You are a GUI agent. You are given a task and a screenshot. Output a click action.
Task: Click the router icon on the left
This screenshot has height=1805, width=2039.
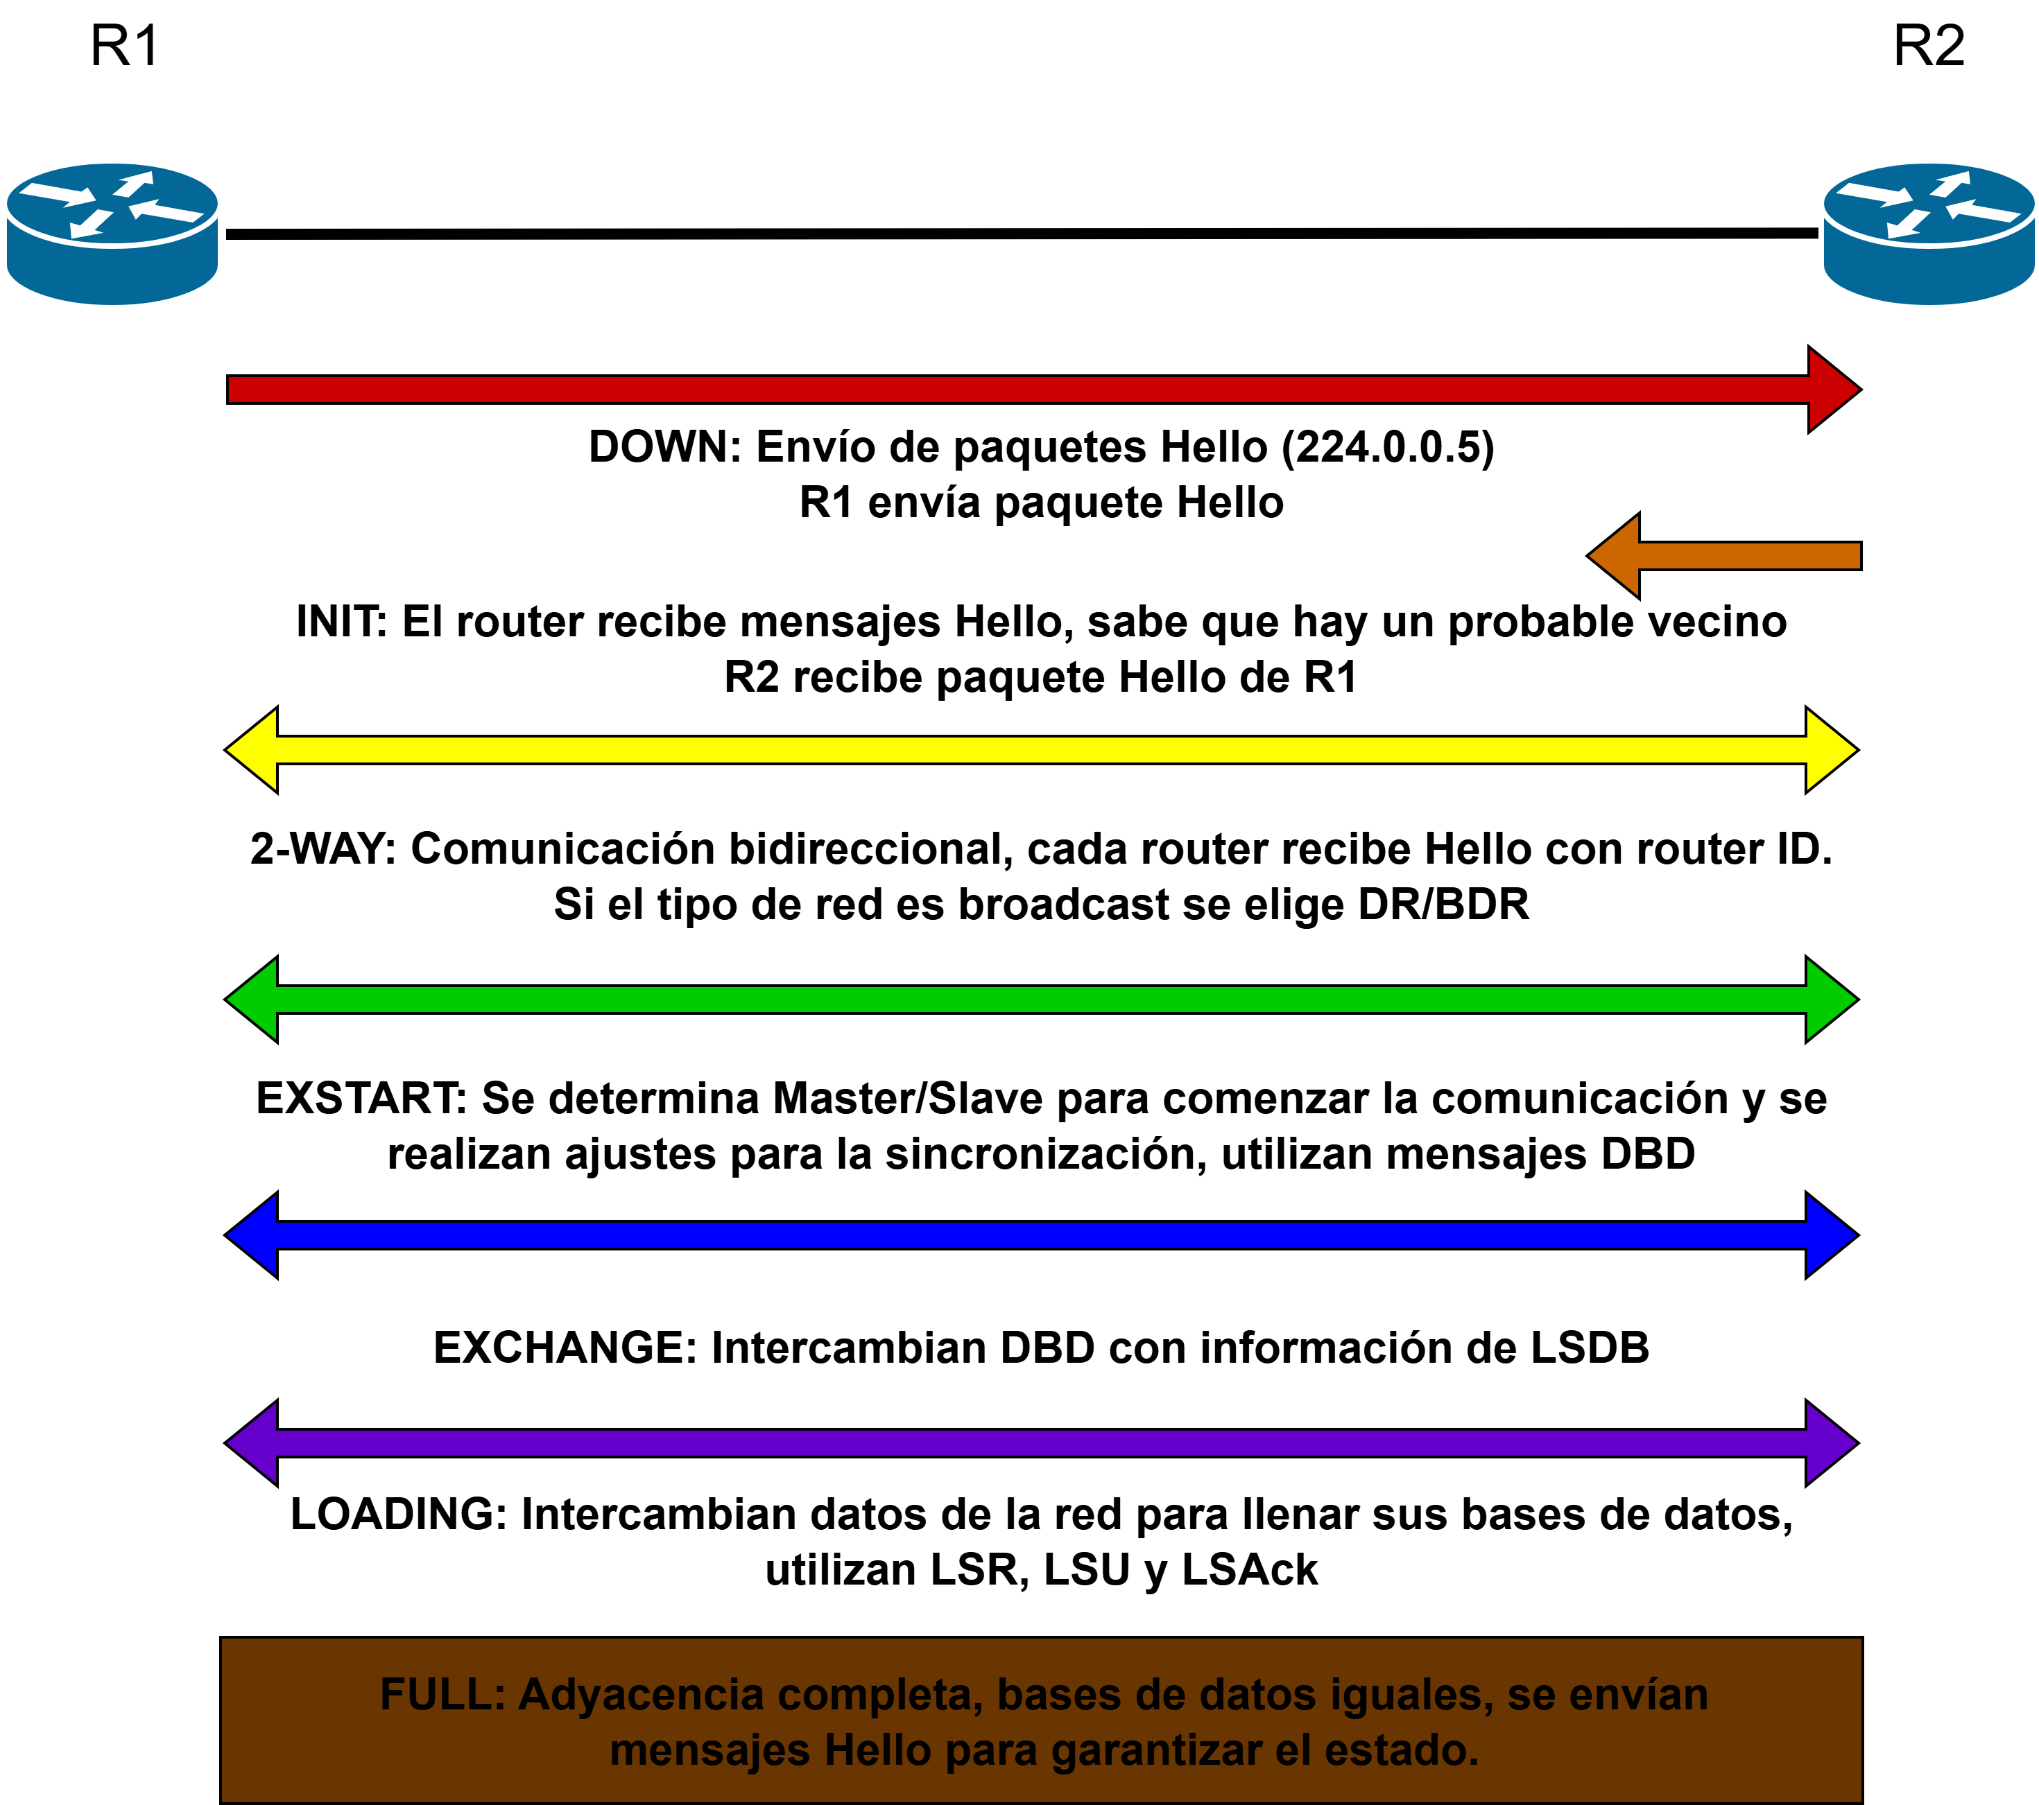[x=112, y=234]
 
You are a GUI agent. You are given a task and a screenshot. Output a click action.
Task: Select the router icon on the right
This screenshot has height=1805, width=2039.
[x=1928, y=234]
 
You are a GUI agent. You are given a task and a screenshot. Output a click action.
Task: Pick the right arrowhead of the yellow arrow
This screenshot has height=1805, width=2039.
[x=1830, y=750]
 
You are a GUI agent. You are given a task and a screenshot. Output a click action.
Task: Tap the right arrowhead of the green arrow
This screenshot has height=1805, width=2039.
[x=1830, y=1000]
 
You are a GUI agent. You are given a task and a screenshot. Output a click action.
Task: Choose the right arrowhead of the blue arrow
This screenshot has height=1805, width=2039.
[x=1830, y=1235]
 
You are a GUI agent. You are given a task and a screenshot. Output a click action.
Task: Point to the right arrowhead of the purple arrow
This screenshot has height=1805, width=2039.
[x=1830, y=1443]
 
